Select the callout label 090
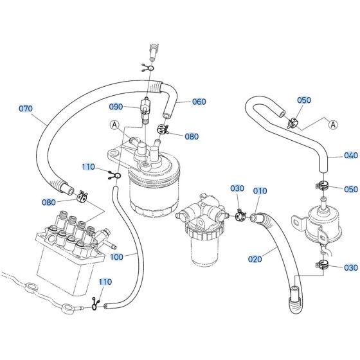[x=116, y=106]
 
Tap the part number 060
[x=199, y=101]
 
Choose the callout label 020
[x=255, y=259]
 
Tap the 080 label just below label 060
[x=192, y=136]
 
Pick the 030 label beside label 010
[x=238, y=188]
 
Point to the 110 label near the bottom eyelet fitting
[x=105, y=282]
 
